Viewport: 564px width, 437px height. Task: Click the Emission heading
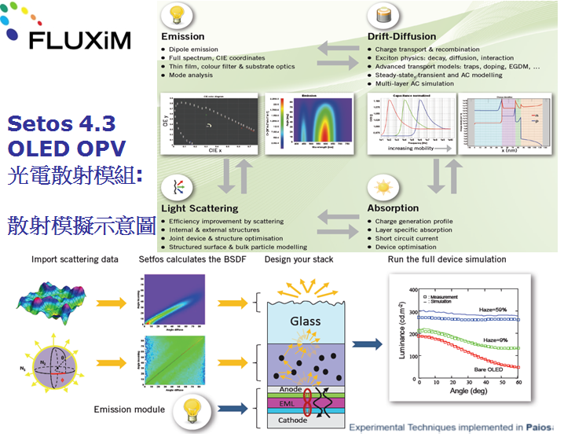tap(183, 36)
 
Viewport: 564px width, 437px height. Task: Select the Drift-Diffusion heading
tap(401, 36)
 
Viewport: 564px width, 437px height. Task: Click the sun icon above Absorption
tap(384, 188)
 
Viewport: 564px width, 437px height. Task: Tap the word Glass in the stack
tap(306, 321)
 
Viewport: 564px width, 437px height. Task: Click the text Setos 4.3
tap(61, 123)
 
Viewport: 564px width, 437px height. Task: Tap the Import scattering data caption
tap(75, 259)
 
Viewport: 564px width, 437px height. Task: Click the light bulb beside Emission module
tap(192, 409)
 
